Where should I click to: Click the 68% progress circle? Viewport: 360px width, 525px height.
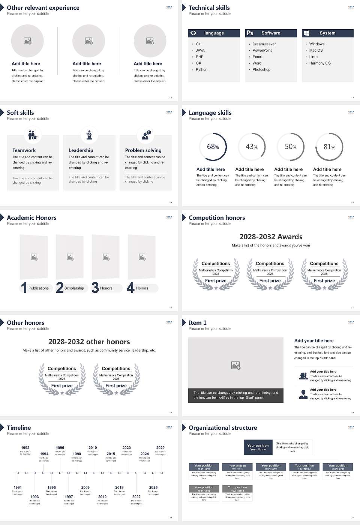pos(213,147)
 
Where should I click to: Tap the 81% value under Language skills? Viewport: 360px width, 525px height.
pos(329,147)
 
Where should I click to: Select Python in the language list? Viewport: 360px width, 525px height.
pos(201,69)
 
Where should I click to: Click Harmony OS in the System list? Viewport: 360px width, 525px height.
pos(320,63)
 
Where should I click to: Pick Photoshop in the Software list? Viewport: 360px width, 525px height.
pos(261,69)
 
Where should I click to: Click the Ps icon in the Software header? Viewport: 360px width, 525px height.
pos(250,33)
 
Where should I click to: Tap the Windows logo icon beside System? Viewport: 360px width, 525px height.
pos(306,33)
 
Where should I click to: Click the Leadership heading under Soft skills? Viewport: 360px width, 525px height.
pos(81,150)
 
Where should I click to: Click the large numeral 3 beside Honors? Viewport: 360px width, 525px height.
pos(95,288)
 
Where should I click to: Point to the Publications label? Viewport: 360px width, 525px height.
pos(39,288)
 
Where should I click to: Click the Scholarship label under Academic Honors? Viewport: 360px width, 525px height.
pos(74,288)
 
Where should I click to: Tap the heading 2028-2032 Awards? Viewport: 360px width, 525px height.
pos(271,237)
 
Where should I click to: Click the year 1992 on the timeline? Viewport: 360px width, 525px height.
pos(25,447)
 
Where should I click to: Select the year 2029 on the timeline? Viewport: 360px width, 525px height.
pos(160,447)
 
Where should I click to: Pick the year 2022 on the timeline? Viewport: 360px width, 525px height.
pos(136,496)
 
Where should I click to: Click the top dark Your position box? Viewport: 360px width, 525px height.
pos(258,447)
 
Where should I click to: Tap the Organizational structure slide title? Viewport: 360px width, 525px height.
pos(223,427)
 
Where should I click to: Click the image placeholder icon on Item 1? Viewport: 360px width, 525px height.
pos(236,365)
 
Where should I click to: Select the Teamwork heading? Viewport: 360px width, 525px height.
pos(24,150)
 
